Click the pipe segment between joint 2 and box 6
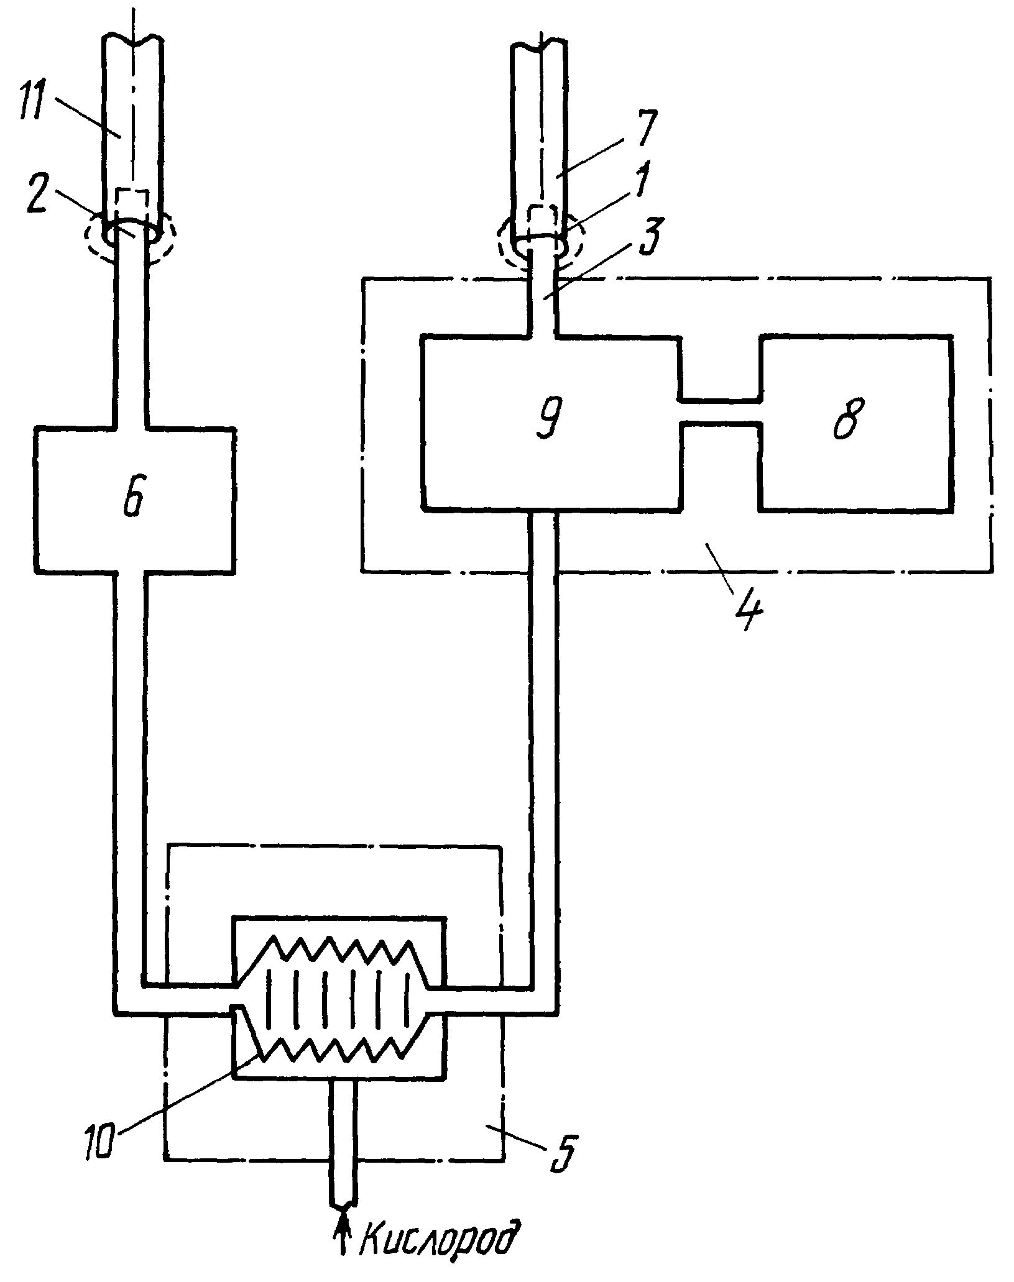[x=131, y=336]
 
